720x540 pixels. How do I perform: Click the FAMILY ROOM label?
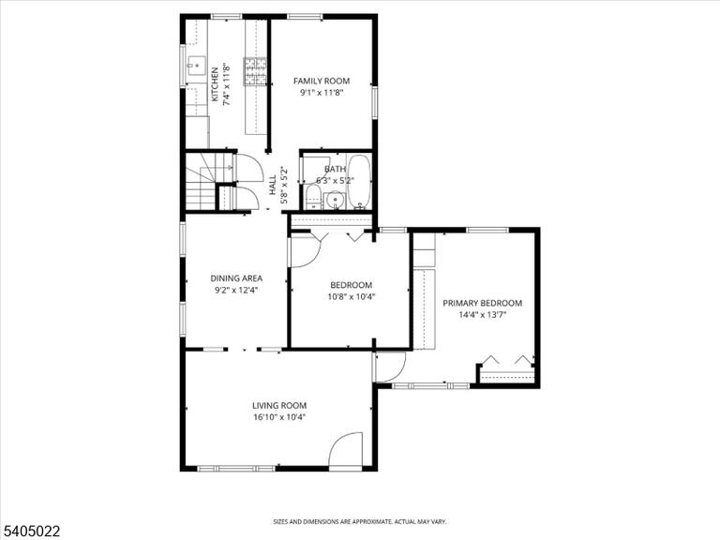[x=322, y=81]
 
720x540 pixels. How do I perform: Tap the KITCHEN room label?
[x=215, y=84]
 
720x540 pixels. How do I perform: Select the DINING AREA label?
[x=236, y=278]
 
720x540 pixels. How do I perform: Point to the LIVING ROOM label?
[x=279, y=405]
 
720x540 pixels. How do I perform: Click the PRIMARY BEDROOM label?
[x=482, y=303]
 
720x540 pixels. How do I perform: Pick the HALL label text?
[x=273, y=185]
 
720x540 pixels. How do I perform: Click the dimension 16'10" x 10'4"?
[x=279, y=417]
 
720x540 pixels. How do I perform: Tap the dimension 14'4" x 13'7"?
[x=482, y=315]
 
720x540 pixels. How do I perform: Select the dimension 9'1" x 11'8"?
[x=322, y=93]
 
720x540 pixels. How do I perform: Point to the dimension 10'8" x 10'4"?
[x=352, y=296]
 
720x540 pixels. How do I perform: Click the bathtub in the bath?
[x=359, y=182]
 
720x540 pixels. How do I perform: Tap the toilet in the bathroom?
[x=314, y=198]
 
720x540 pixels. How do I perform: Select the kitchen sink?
[x=197, y=68]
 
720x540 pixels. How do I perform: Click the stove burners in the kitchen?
[x=255, y=71]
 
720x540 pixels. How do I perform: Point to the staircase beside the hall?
[x=202, y=182]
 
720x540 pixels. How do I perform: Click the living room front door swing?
[x=346, y=450]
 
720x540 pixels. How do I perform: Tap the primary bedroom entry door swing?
[x=390, y=367]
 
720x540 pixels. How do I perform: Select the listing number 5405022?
[x=30, y=532]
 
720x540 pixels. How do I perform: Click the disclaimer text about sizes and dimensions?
[x=360, y=521]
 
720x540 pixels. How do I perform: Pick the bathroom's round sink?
[x=337, y=201]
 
